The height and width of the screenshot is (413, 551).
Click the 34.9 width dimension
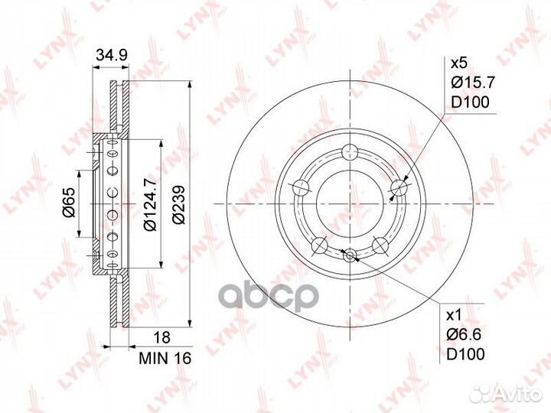[x=112, y=55]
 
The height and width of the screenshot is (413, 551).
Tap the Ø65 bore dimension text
[x=69, y=202]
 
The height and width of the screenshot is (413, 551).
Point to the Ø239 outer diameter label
[x=178, y=204]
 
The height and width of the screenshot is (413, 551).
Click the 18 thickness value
[x=162, y=337]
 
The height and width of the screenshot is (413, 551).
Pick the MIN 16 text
[x=165, y=358]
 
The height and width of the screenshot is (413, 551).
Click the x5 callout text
[x=458, y=63]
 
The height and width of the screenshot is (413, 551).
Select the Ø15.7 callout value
[x=473, y=83]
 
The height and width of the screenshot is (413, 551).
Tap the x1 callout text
[x=453, y=316]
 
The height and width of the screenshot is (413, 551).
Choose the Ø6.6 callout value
[x=464, y=335]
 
